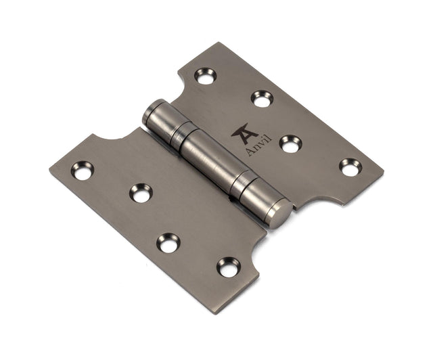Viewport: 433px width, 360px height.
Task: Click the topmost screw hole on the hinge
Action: [x=205, y=75]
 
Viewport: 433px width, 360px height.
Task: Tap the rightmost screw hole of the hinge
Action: [x=350, y=166]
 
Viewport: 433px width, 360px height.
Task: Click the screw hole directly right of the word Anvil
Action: [x=291, y=143]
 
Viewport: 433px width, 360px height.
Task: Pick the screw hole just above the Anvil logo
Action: [x=262, y=98]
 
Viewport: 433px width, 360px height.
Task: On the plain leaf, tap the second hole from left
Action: [x=141, y=194]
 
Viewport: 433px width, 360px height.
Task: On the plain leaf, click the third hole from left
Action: [x=168, y=242]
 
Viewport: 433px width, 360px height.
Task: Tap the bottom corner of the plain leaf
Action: [x=233, y=312]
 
